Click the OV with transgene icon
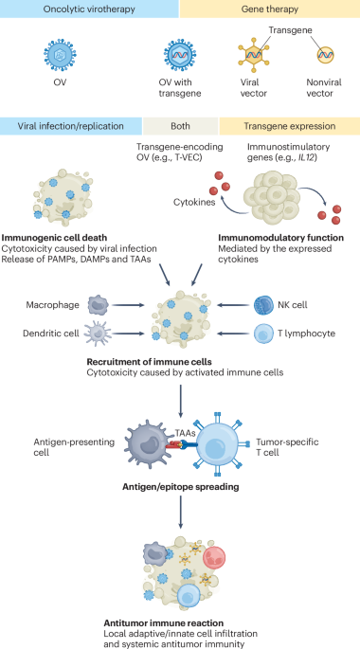click(175, 56)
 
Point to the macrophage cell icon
click(99, 303)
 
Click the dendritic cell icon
click(99, 334)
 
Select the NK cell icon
click(263, 303)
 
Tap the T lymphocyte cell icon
click(263, 334)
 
